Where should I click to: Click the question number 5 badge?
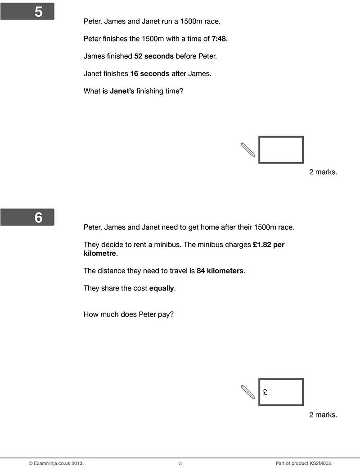pyautogui.click(x=27, y=12)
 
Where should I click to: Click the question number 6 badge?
pyautogui.click(x=27, y=217)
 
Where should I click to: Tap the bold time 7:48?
pyautogui.click(x=219, y=39)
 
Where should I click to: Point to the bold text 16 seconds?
pyautogui.click(x=150, y=73)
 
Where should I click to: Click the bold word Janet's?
pyautogui.click(x=122, y=91)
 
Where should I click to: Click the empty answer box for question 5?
pyautogui.click(x=281, y=150)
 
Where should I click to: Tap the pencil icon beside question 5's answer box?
pyautogui.click(x=248, y=150)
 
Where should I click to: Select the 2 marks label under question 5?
pyautogui.click(x=323, y=172)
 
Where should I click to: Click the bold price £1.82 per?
pyautogui.click(x=269, y=245)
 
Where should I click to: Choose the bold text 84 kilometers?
pyautogui.click(x=220, y=271)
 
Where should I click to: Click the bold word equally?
pyautogui.click(x=162, y=288)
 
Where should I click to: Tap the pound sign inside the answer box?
pyautogui.click(x=265, y=392)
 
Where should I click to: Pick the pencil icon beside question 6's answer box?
pyautogui.click(x=248, y=392)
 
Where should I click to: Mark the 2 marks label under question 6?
pyautogui.click(x=323, y=415)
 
